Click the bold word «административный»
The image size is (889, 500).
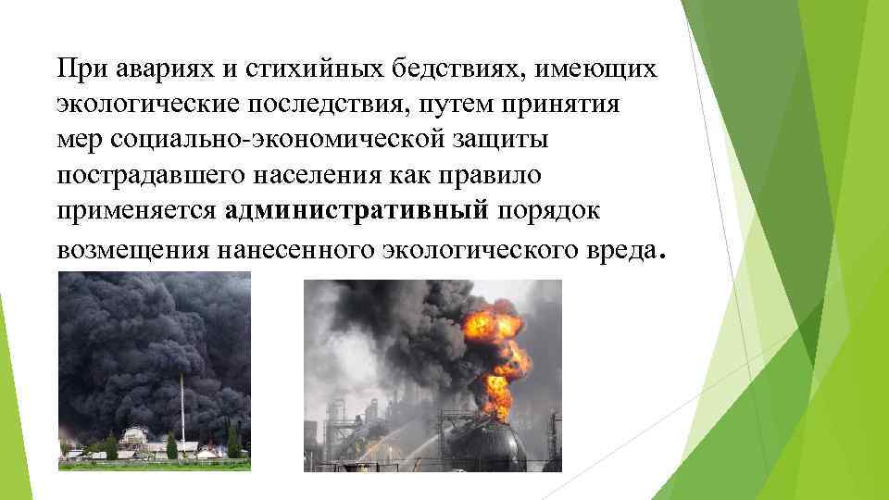pos(356,211)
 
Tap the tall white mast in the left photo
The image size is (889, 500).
pos(182,407)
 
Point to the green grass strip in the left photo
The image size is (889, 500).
pos(154,464)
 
